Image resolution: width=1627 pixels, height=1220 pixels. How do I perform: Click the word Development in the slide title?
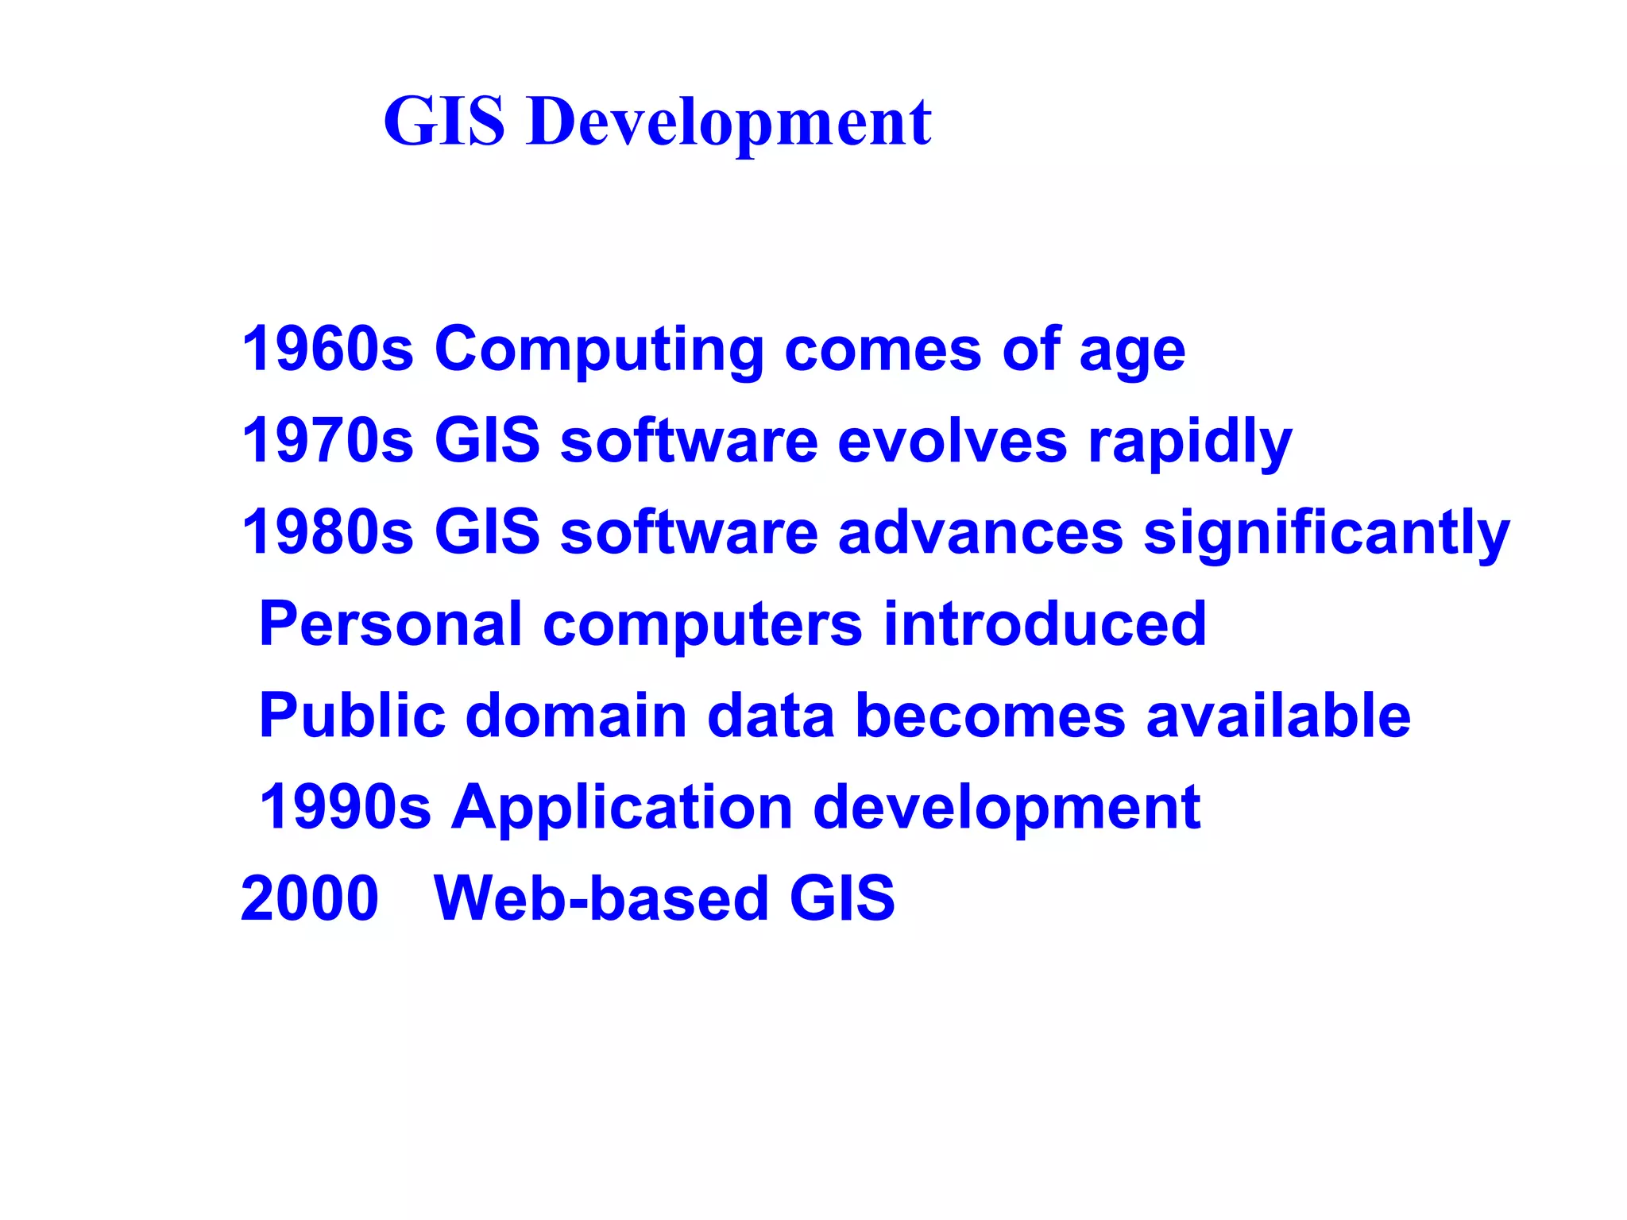[728, 123]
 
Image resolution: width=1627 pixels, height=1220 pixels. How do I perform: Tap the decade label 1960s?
[327, 349]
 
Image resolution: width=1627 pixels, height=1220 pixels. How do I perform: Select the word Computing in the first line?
[599, 350]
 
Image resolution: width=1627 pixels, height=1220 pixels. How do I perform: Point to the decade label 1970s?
[327, 440]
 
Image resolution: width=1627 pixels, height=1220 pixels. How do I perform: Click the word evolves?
[953, 440]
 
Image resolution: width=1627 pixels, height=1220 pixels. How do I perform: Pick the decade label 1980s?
[327, 531]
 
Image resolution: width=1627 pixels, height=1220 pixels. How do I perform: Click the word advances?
[980, 531]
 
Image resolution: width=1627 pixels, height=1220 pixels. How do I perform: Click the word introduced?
[1045, 624]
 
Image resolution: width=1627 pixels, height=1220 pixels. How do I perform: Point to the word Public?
[352, 715]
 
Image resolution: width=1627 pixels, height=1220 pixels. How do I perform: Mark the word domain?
[576, 715]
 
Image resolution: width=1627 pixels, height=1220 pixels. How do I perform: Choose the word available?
[1277, 715]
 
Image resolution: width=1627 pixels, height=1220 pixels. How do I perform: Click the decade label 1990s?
[345, 807]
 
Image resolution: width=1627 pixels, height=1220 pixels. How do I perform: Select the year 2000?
[310, 898]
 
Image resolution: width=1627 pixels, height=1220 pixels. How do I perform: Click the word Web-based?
[601, 898]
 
